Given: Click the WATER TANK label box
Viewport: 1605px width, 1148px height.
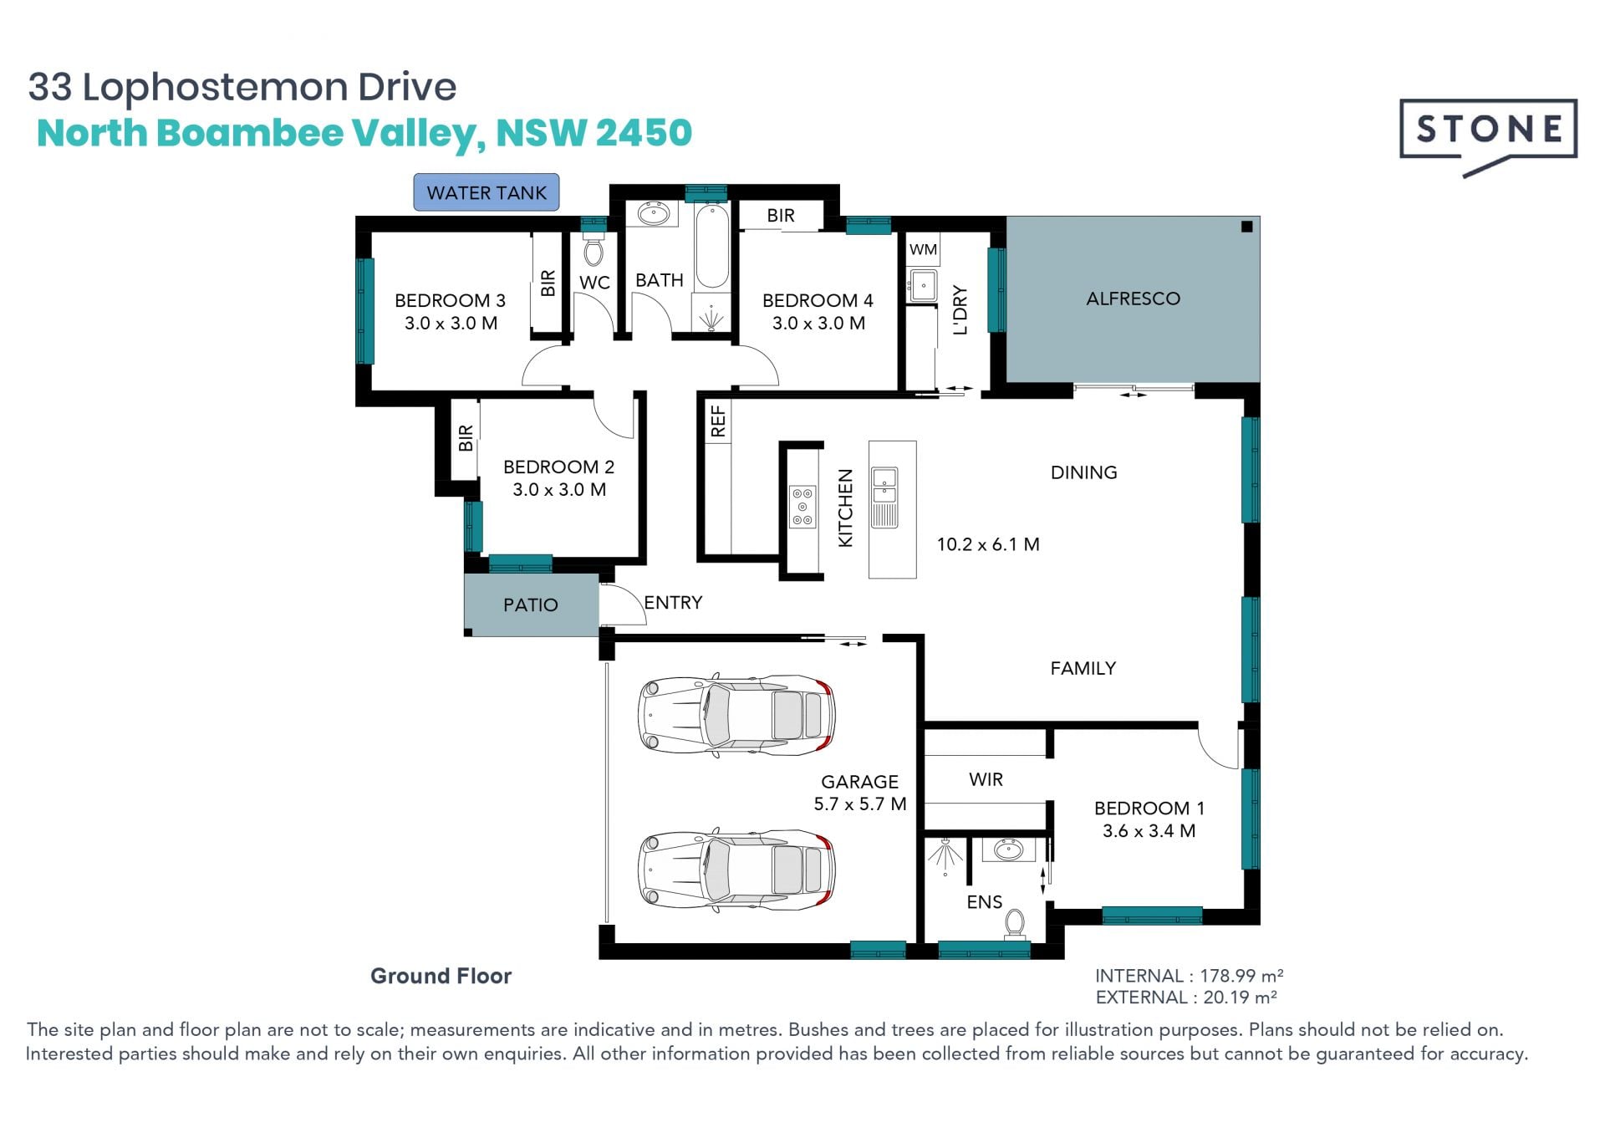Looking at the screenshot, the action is coord(487,192).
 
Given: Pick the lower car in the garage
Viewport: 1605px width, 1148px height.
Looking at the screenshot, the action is coord(736,870).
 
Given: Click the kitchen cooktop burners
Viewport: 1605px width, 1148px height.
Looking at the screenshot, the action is coord(802,507).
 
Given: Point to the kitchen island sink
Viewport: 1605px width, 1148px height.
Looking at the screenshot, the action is coord(884,497).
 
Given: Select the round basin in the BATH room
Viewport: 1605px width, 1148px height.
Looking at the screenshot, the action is coord(653,214).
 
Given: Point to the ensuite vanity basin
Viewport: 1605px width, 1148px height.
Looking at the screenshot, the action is coord(1008,850).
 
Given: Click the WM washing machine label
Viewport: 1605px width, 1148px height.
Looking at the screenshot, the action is coord(923,249).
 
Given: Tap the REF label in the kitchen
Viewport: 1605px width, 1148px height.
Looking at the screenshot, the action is coord(718,421).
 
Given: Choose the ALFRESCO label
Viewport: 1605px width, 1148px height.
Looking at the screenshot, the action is coord(1133,298).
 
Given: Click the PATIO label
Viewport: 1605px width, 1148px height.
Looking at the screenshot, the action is coord(530,605).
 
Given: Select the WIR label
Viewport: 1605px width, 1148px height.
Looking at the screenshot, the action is coord(986,779).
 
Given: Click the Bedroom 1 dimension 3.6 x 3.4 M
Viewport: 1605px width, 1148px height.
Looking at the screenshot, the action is coord(1149,831).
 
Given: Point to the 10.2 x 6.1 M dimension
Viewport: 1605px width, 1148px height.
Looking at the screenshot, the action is coord(988,544).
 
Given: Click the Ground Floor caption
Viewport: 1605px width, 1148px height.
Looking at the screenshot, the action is coord(441,976).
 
